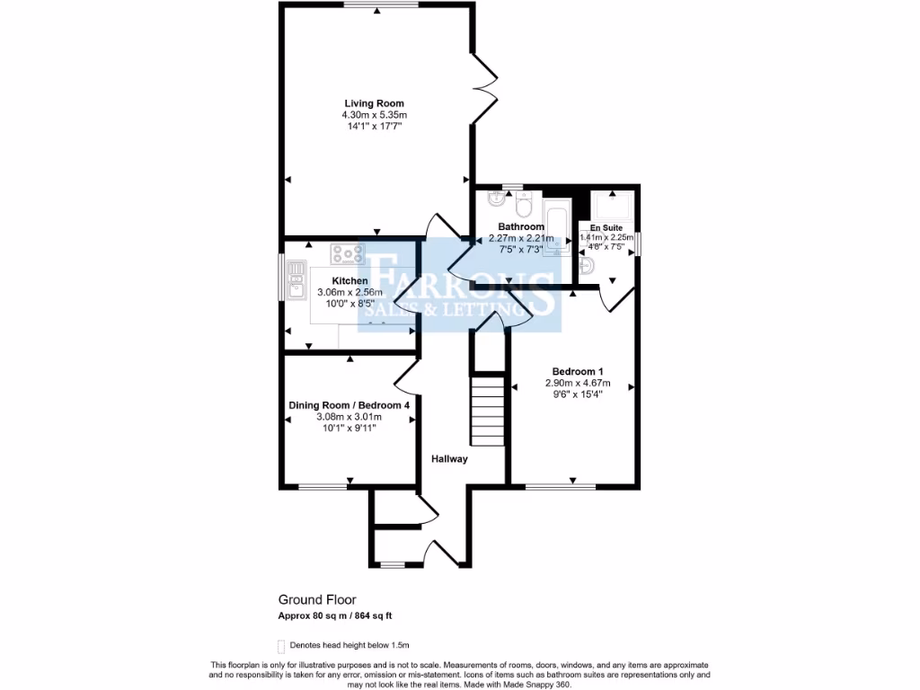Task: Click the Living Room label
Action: tap(374, 103)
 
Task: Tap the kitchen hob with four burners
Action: tap(347, 254)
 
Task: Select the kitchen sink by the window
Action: tap(295, 278)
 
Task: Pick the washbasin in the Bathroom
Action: tap(496, 199)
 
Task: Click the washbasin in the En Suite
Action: tap(586, 267)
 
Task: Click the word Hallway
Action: tap(449, 459)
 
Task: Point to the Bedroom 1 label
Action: tap(578, 372)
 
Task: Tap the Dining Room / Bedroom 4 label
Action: tap(349, 405)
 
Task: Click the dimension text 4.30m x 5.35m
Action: tap(374, 115)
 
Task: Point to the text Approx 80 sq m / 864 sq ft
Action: tap(335, 615)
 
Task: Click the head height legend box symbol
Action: tap(281, 645)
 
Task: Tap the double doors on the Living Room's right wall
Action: tap(486, 88)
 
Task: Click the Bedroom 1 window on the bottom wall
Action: tap(560, 486)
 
